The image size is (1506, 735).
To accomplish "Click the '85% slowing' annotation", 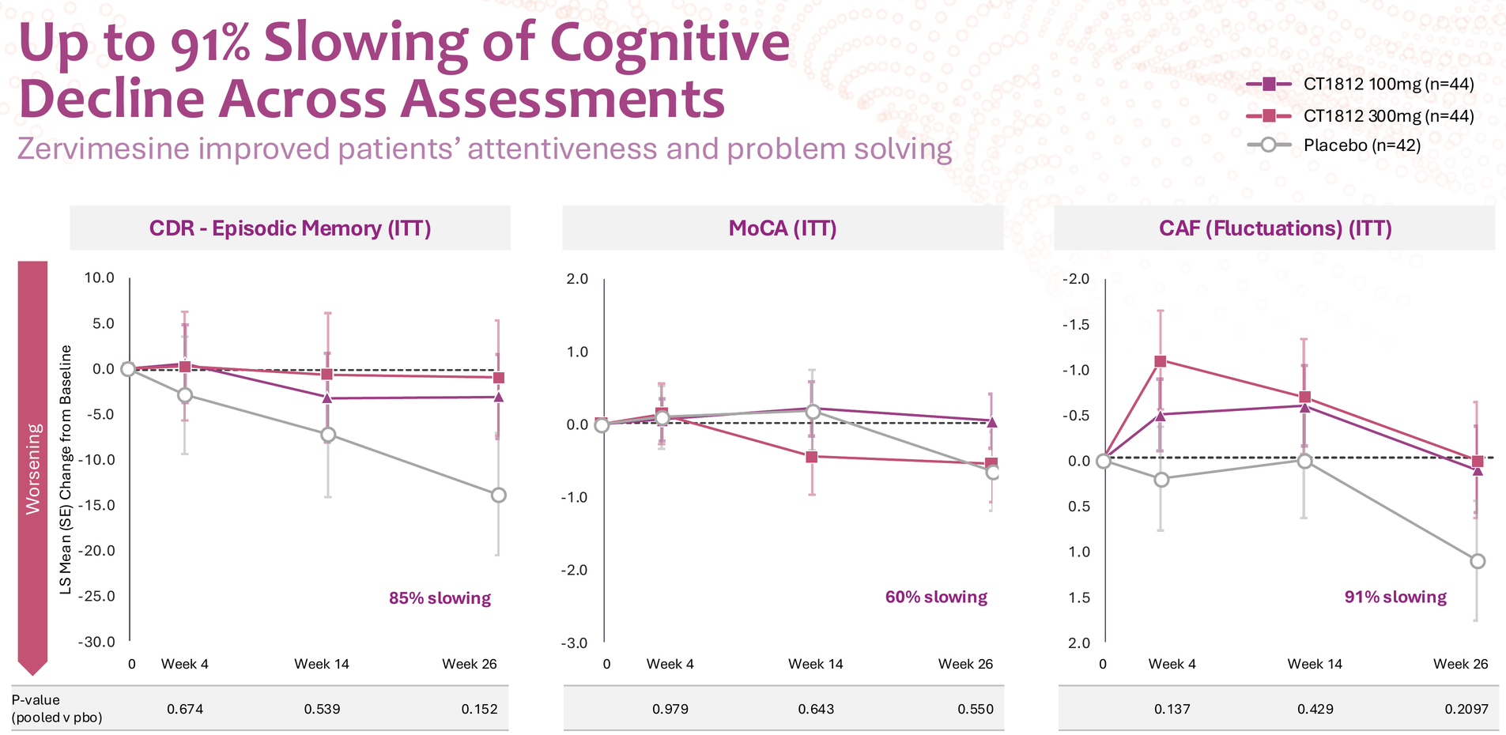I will (440, 598).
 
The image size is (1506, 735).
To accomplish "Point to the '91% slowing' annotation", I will (1395, 597).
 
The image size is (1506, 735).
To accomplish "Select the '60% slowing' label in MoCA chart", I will (936, 597).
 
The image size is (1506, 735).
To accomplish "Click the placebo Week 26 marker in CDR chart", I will (498, 496).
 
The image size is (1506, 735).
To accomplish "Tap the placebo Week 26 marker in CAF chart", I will (1478, 561).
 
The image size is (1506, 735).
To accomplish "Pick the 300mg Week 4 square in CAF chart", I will (1161, 361).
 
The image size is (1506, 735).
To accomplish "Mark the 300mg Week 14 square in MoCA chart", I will (811, 457).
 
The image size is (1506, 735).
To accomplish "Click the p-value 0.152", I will (479, 709).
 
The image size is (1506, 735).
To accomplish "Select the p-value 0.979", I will (670, 709).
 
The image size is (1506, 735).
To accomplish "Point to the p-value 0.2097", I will (1466, 709).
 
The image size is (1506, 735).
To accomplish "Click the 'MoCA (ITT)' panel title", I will (782, 228).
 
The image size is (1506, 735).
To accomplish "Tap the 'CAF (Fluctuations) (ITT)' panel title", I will (1274, 228).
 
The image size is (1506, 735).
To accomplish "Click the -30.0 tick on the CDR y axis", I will (96, 642).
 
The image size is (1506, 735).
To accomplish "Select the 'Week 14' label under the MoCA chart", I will (815, 664).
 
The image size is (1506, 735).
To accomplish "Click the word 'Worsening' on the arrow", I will (33, 469).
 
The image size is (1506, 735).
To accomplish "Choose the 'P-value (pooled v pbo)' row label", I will (57, 709).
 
